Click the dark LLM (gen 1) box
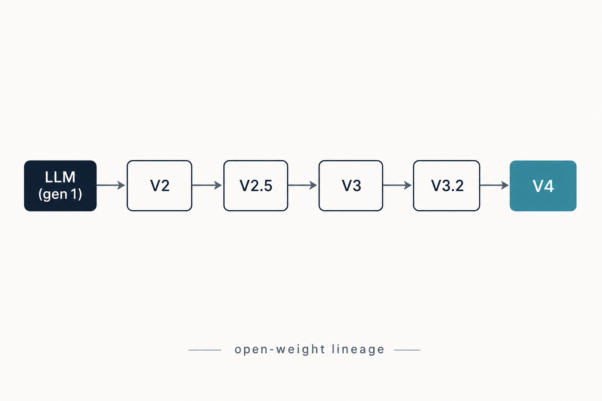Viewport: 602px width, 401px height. tap(60, 186)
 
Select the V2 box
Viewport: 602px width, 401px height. tap(160, 186)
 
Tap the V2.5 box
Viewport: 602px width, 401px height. tap(256, 186)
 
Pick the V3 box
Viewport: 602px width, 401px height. tap(351, 186)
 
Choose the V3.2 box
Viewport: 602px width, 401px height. tap(446, 186)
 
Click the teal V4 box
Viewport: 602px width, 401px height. tap(543, 186)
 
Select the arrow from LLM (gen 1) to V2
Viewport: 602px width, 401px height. tap(111, 185)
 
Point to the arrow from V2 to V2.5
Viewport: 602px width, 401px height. tap(207, 185)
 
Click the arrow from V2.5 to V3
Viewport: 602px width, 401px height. tap(303, 185)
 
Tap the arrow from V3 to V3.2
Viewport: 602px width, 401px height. tap(397, 185)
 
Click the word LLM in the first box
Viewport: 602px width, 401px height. tap(60, 177)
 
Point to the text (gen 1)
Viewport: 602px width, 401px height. tap(60, 194)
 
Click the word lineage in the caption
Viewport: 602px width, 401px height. tap(358, 350)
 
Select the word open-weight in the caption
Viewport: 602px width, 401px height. tap(280, 350)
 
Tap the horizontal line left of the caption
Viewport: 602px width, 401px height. tap(205, 350)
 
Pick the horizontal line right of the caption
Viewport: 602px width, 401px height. tap(407, 350)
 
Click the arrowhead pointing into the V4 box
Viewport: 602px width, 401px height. tap(505, 185)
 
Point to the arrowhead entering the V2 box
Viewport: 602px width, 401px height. tap(121, 185)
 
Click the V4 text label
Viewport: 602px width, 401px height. tap(543, 186)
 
